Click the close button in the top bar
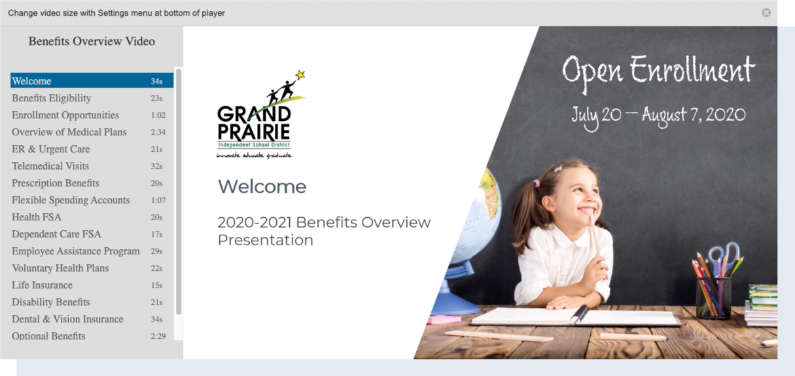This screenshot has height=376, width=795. [x=766, y=13]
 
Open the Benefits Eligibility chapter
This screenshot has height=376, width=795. [x=52, y=98]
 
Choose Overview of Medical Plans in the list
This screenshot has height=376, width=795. [x=69, y=132]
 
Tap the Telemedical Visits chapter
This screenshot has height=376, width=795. [x=50, y=166]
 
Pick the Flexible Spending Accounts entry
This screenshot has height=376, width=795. [x=71, y=200]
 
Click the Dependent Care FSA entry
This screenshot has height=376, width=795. [x=56, y=234]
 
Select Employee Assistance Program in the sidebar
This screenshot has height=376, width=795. [x=76, y=251]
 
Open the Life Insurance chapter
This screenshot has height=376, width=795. [x=43, y=285]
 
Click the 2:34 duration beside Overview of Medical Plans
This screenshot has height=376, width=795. [x=158, y=132]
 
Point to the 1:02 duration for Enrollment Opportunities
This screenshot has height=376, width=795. [x=158, y=115]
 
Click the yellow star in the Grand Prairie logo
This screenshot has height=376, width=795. [x=300, y=75]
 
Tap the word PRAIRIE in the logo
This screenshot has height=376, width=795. [x=254, y=131]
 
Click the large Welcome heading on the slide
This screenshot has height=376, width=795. [x=262, y=186]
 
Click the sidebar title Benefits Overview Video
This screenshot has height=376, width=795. [x=92, y=41]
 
